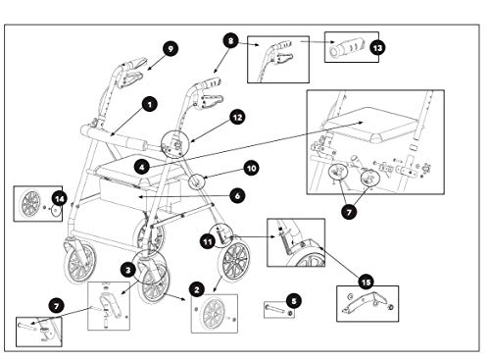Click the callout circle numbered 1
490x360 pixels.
tap(149, 102)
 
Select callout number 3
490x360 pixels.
tap(127, 269)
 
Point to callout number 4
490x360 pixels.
tap(142, 169)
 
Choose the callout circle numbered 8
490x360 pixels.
tap(229, 42)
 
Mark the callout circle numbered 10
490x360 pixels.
tap(250, 168)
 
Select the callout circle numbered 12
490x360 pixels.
tap(238, 116)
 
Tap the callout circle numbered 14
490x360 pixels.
tap(61, 198)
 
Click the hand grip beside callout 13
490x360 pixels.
tap(344, 46)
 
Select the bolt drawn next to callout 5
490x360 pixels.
tap(277, 311)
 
